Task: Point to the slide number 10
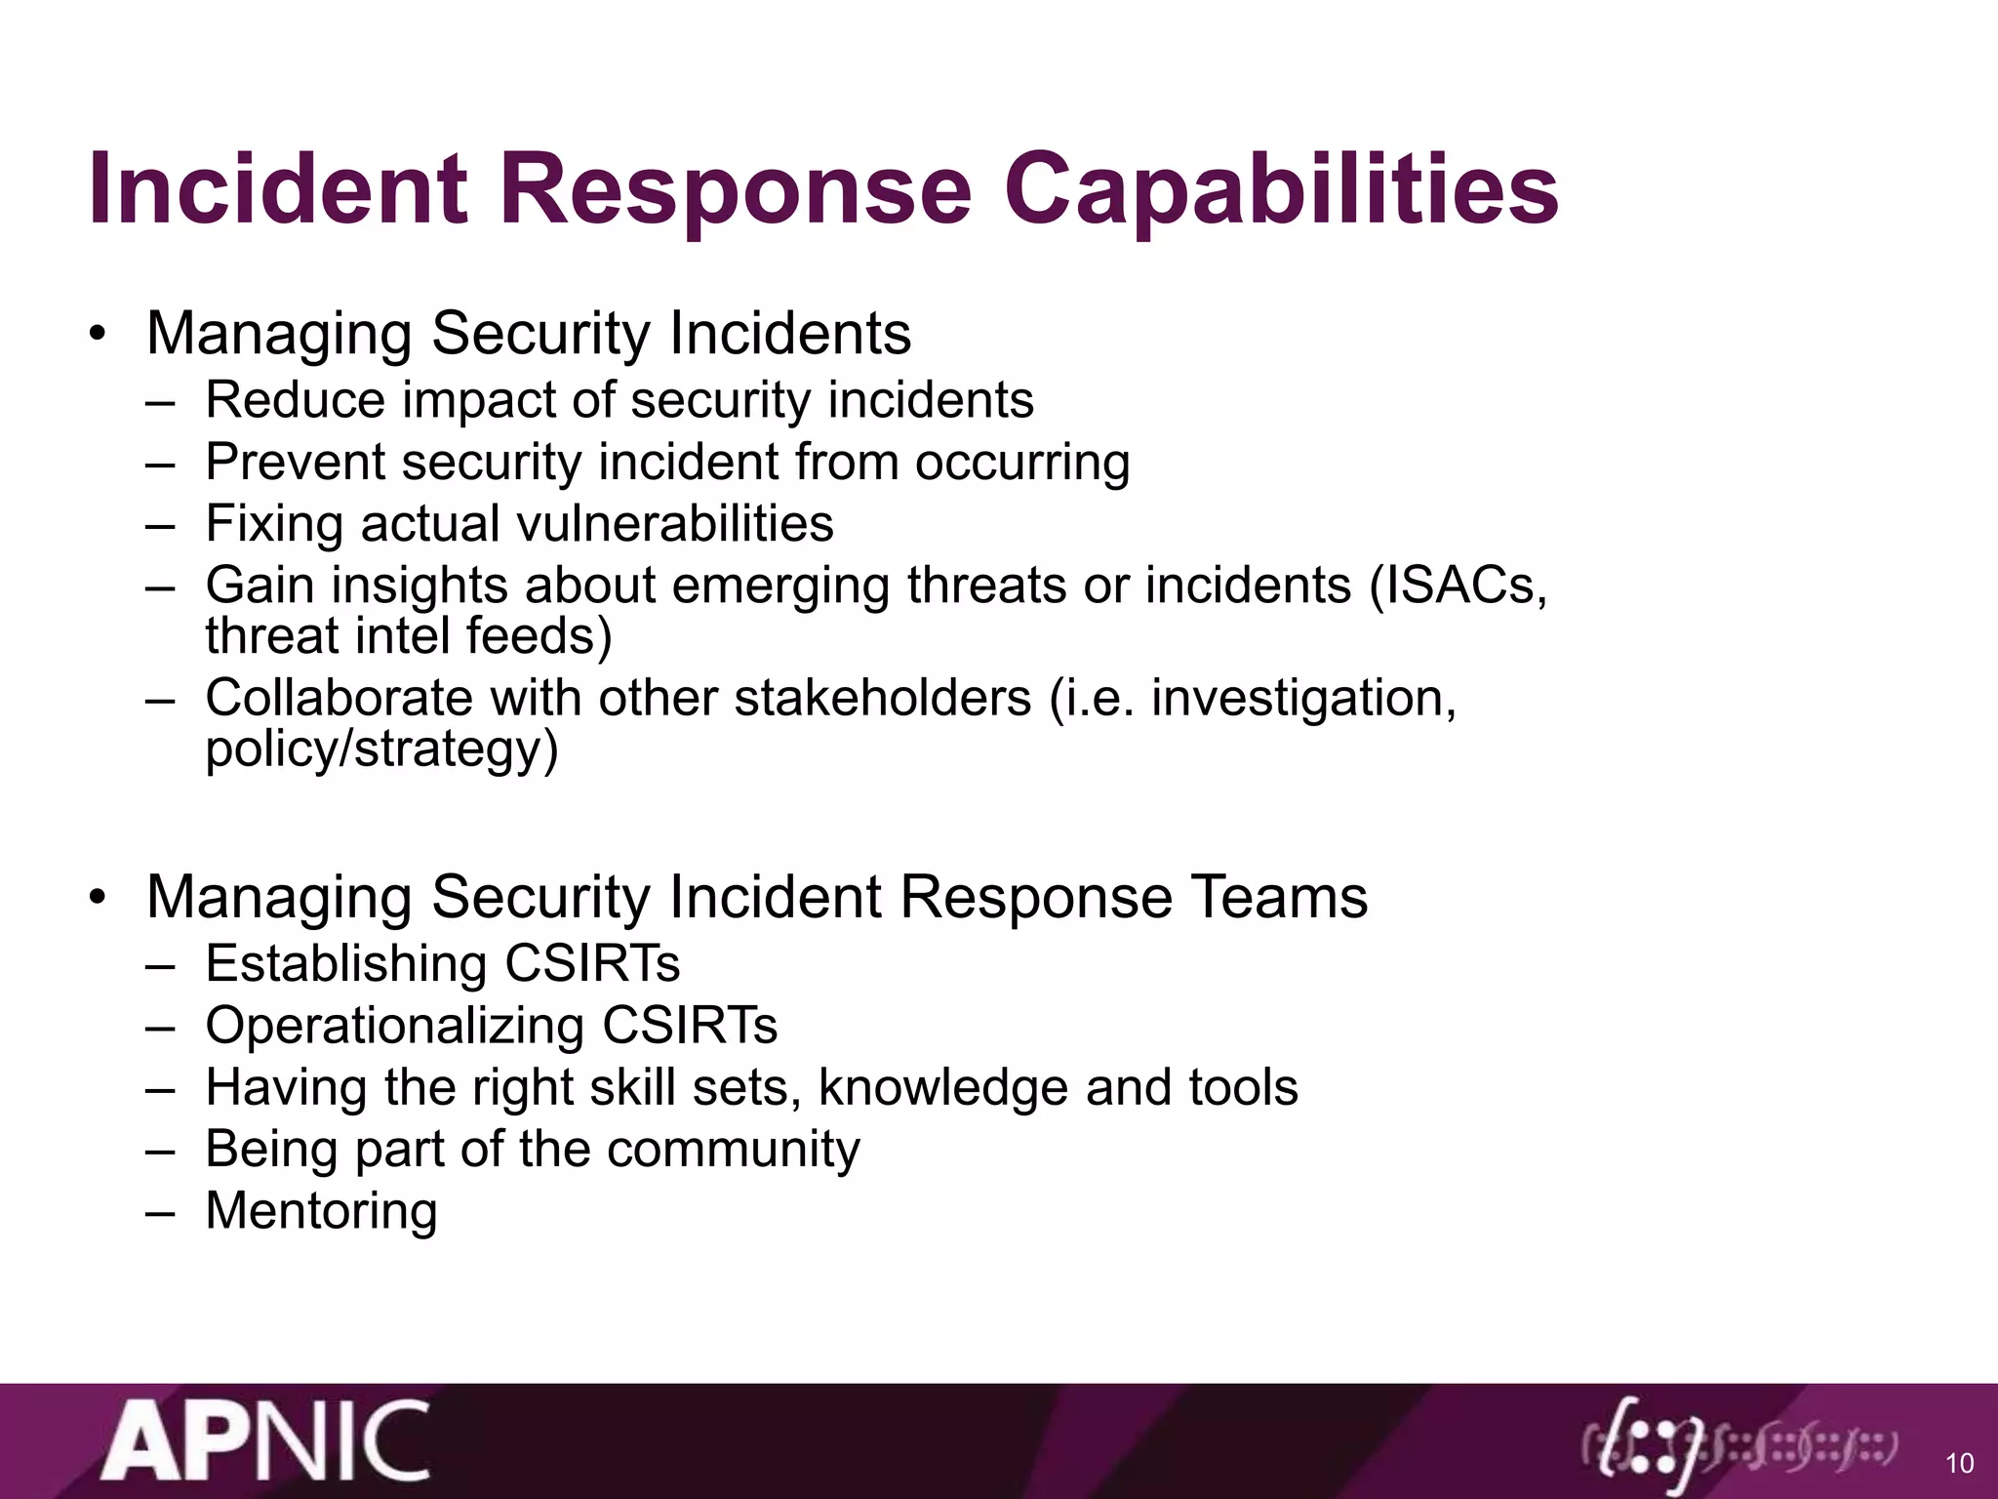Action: (1959, 1463)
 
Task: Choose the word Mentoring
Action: (321, 1211)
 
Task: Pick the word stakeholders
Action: (883, 699)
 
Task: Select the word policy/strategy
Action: (381, 749)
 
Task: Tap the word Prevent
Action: (295, 462)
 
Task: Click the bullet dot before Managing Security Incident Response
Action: (96, 897)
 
